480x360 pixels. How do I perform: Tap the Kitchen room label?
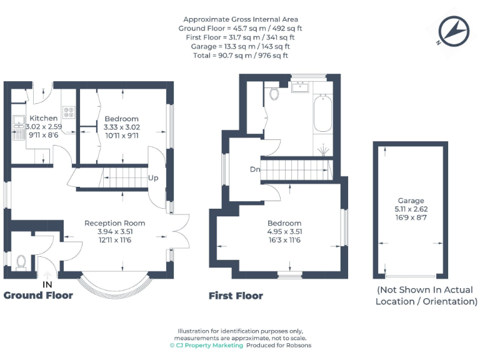coord(44,118)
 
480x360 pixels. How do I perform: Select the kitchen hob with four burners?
coord(69,114)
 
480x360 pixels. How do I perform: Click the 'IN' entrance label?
coord(47,284)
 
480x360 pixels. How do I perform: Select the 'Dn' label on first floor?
coord(255,169)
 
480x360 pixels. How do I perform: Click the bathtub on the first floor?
coord(322,113)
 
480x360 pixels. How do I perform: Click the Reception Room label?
coord(115,223)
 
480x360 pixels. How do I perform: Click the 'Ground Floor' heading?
coord(38,295)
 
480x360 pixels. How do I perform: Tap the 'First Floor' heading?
coord(236,296)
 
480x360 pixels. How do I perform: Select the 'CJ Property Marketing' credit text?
coord(206,345)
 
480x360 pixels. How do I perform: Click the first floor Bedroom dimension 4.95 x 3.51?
coord(284,232)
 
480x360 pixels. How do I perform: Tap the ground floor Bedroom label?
coord(121,119)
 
